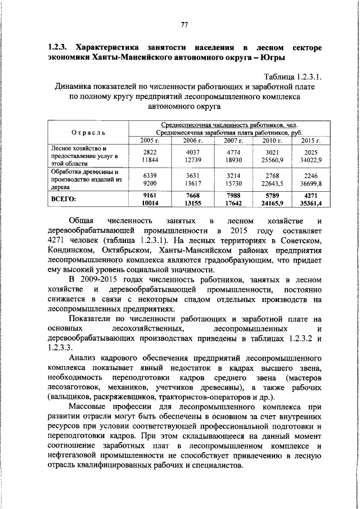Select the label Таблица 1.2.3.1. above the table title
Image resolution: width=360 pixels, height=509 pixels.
[x=292, y=77]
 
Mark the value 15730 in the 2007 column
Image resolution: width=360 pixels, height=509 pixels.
[x=232, y=183]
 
